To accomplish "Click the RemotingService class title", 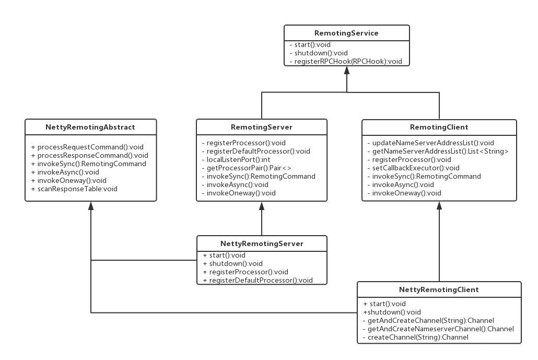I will point(346,33).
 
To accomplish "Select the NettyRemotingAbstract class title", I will point(90,127).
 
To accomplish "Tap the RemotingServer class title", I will point(262,127).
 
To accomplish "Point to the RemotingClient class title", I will point(439,127).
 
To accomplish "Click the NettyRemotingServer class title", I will point(262,243).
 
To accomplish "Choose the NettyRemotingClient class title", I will point(439,289).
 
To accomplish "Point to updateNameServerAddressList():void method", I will point(430,143).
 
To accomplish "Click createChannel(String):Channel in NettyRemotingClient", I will point(416,337).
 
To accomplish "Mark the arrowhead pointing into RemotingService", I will point(346,71).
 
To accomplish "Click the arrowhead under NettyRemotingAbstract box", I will point(91,206).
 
